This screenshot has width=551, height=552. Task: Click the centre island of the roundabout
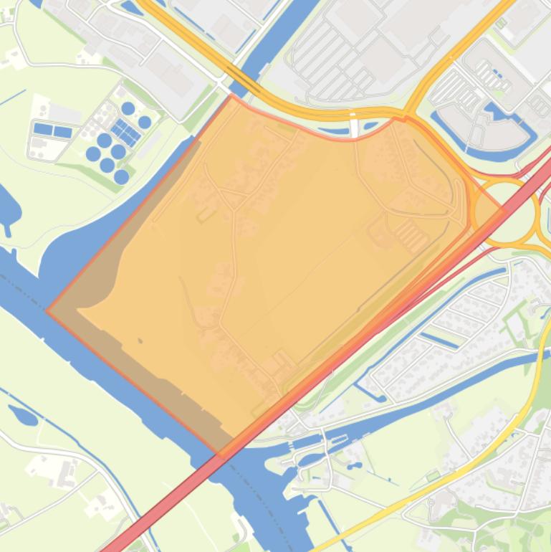pyautogui.click(x=504, y=211)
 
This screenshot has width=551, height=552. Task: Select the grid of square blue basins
pyautogui.click(x=125, y=132)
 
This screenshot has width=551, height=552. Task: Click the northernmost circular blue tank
pyautogui.click(x=128, y=108)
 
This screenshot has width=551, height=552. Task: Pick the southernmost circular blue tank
pyautogui.click(x=121, y=176)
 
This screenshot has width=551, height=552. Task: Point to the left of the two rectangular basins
pyautogui.click(x=43, y=130)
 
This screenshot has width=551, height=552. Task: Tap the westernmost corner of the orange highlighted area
pyautogui.click(x=47, y=311)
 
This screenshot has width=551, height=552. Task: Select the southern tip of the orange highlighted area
pyautogui.click(x=221, y=455)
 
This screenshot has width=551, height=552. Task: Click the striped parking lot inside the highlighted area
pyautogui.click(x=411, y=234)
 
